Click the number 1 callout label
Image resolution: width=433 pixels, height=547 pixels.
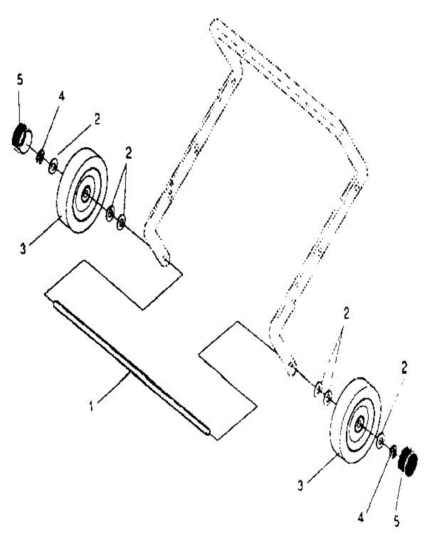(91, 405)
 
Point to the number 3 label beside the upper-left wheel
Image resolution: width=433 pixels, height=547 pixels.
(23, 248)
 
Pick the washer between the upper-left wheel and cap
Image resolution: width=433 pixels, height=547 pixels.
(53, 166)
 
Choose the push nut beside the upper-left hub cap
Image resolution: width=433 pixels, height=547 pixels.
(40, 156)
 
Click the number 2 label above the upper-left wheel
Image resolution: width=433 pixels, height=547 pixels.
(97, 119)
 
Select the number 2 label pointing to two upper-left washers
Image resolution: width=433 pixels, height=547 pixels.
(129, 153)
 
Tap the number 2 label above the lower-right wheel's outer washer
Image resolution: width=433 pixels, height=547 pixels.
(404, 367)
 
